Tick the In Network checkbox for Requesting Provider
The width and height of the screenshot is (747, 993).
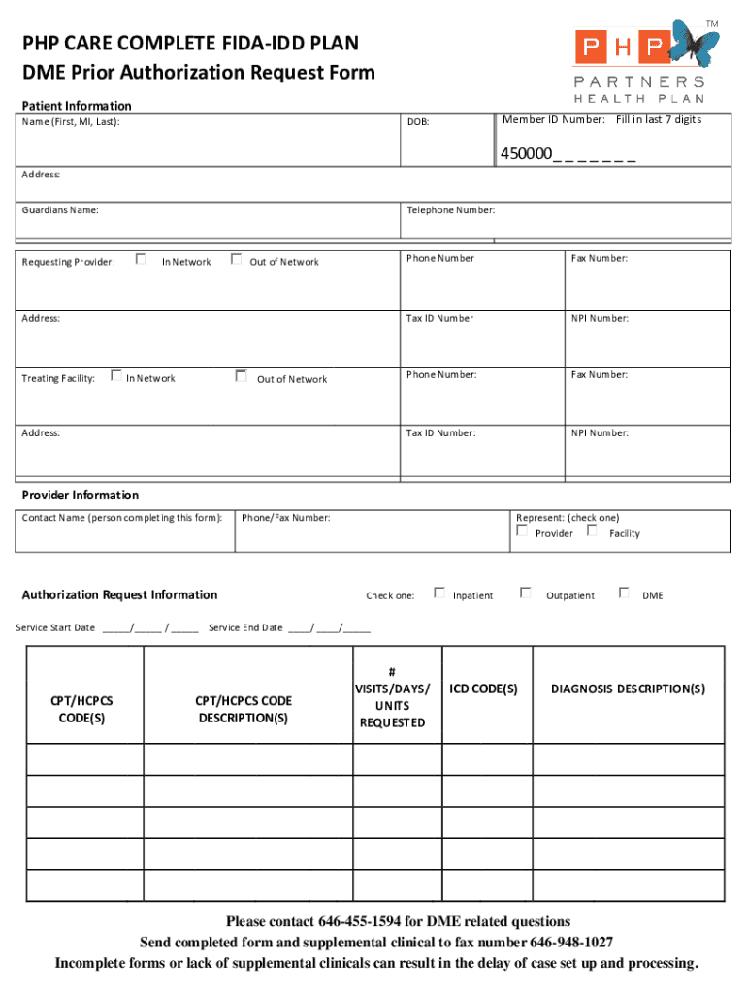(x=141, y=259)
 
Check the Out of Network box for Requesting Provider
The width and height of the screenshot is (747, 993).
(x=236, y=259)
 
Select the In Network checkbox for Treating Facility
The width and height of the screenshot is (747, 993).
(x=115, y=375)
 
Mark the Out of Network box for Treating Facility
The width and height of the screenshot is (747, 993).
(x=241, y=375)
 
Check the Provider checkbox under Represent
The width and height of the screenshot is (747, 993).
(x=523, y=531)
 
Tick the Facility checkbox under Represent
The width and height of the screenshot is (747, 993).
(x=592, y=531)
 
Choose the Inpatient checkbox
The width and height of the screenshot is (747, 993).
(x=439, y=593)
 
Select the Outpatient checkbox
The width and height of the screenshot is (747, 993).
(x=526, y=593)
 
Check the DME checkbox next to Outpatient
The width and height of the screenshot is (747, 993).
(x=624, y=593)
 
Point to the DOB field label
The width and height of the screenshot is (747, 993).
(x=418, y=123)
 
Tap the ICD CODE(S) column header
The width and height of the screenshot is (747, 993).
(x=483, y=689)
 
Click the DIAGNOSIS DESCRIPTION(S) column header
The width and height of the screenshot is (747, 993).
(x=628, y=689)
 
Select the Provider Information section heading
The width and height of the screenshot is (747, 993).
(x=81, y=495)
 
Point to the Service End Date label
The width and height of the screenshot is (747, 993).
(x=245, y=627)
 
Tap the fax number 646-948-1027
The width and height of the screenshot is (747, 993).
(x=571, y=943)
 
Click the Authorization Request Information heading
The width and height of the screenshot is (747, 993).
(x=119, y=594)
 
